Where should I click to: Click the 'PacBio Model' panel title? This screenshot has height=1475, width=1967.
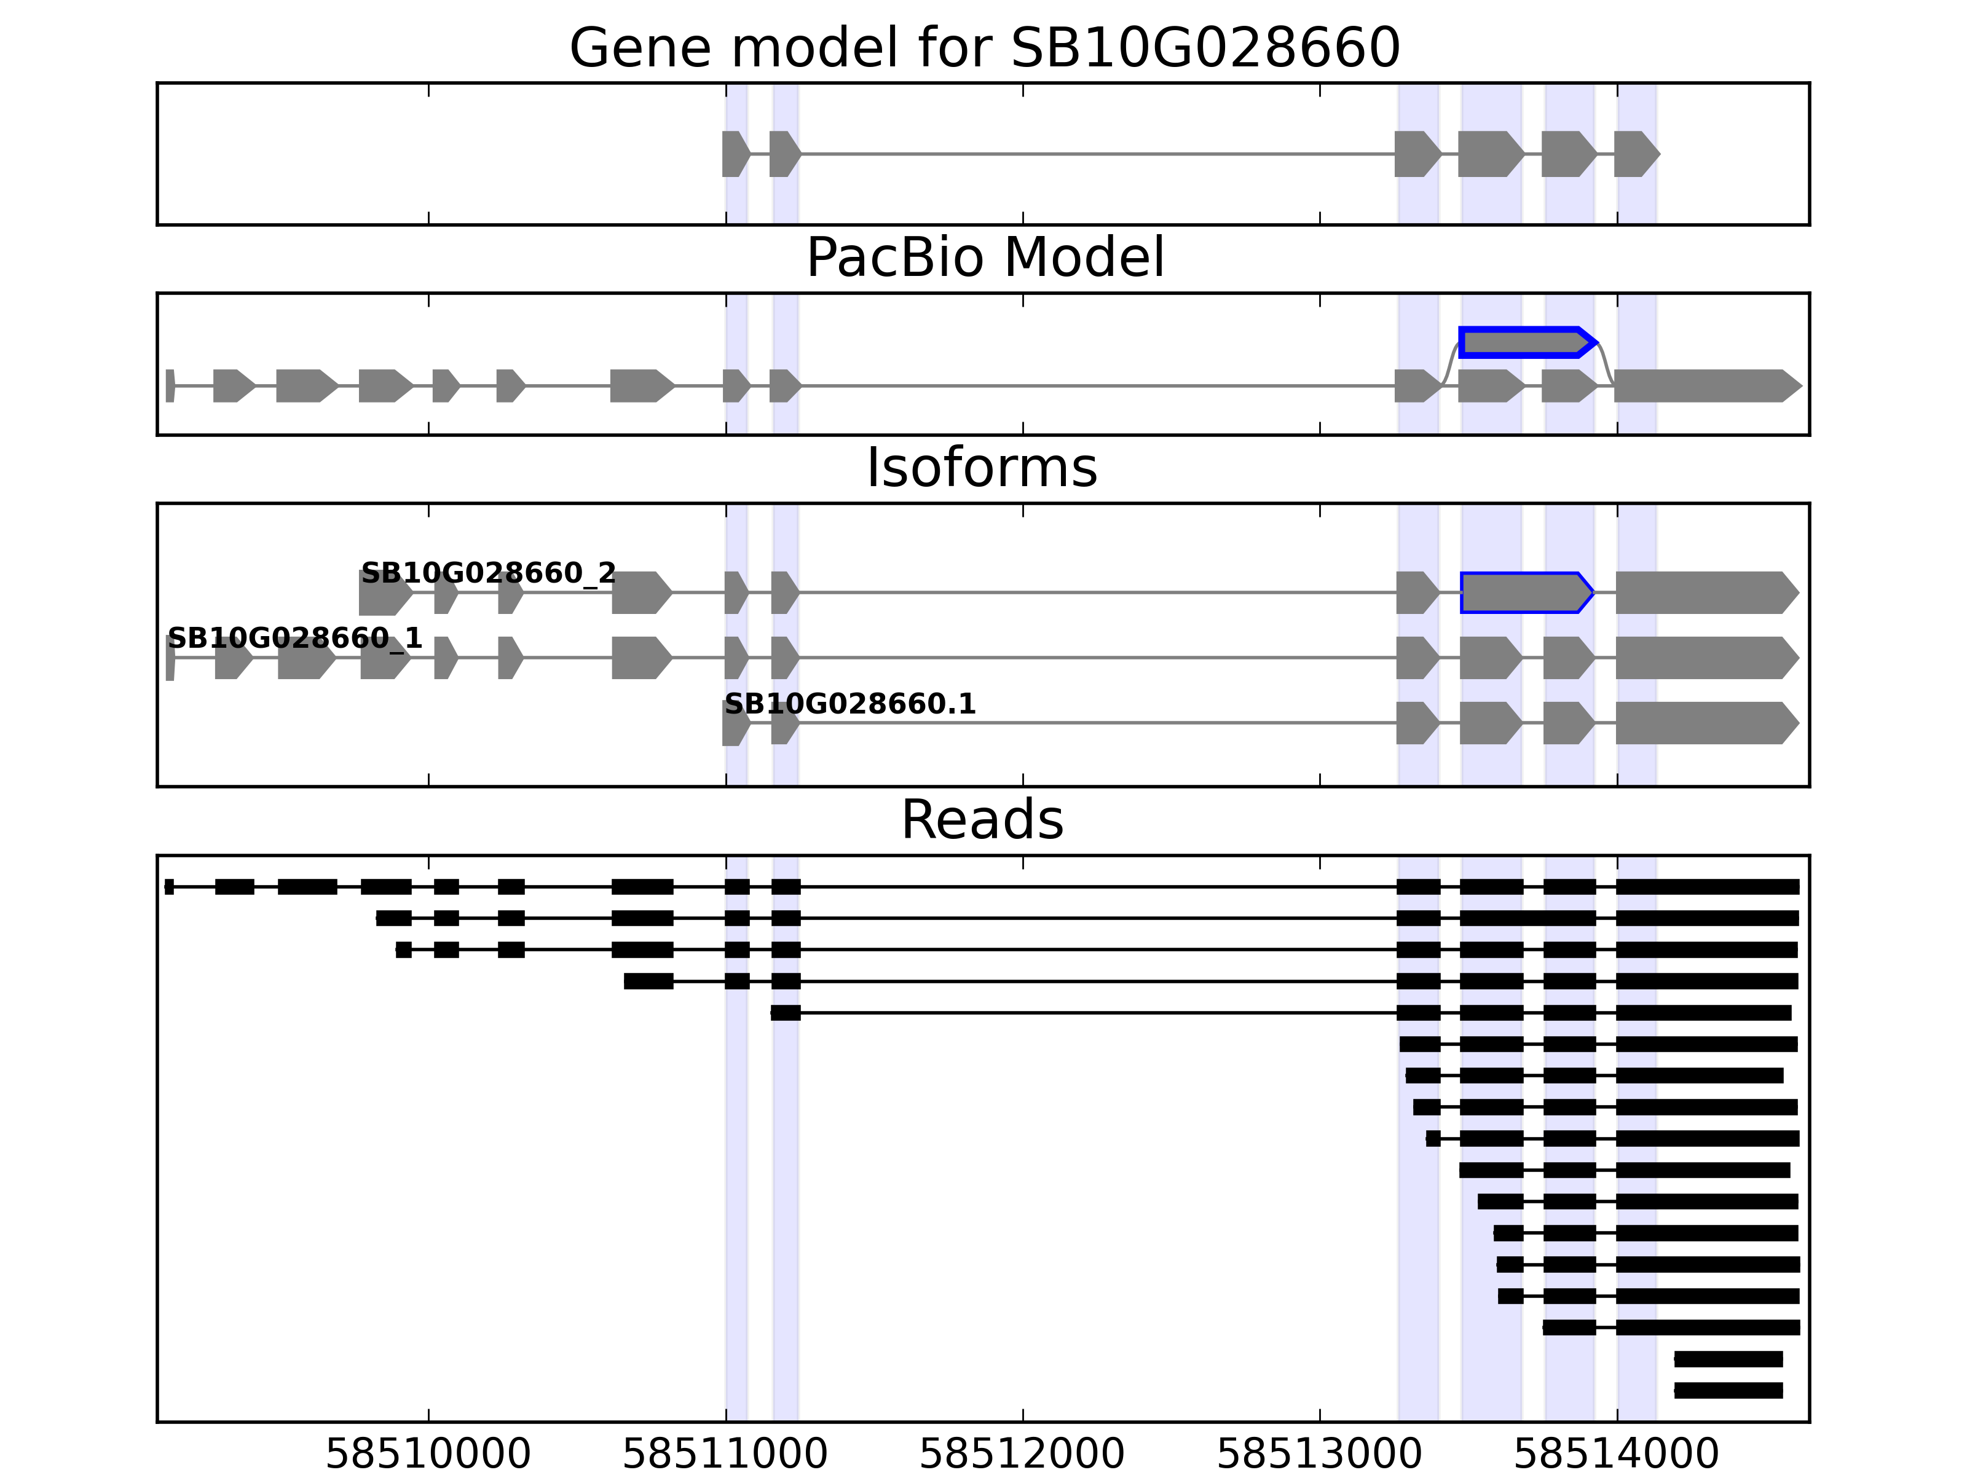point(984,258)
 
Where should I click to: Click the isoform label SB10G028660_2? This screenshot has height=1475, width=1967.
point(488,573)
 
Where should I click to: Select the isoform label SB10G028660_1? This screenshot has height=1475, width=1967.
point(294,639)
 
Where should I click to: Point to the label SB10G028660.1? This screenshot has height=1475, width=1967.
point(850,704)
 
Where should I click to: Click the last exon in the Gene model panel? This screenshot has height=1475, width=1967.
point(1635,154)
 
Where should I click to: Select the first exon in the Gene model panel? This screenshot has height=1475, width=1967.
point(735,154)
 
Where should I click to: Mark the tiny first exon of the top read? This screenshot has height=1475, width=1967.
point(169,886)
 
